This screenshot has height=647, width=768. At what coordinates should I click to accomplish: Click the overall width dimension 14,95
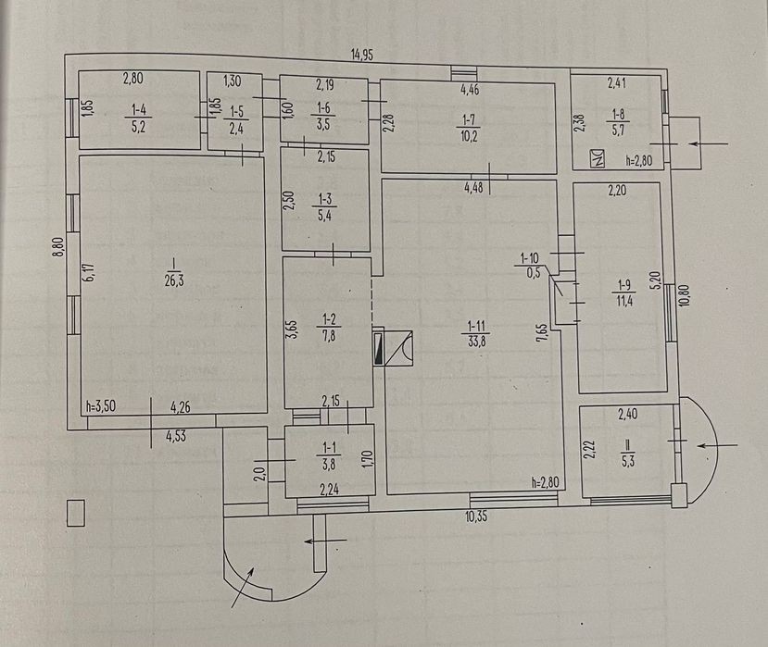coord(362,55)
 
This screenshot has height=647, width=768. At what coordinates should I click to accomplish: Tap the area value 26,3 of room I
coord(174,280)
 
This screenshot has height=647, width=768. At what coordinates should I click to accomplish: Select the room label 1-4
coord(139,110)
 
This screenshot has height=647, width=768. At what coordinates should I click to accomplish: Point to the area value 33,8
coord(476,342)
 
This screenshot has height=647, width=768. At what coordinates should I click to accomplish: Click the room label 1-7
coord(469,120)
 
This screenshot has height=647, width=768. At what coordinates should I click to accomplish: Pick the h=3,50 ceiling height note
coord(101,406)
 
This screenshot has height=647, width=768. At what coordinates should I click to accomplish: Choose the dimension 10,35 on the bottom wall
coord(476,516)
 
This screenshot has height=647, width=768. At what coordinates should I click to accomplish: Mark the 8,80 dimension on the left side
coord(59,246)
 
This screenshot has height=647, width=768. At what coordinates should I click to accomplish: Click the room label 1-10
coord(529,258)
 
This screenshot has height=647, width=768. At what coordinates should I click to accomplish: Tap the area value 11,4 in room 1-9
coord(624,301)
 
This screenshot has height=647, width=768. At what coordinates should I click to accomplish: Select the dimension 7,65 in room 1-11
coord(541,331)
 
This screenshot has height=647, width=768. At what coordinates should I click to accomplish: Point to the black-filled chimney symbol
coord(378,348)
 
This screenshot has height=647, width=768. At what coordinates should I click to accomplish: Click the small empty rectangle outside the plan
coord(75,513)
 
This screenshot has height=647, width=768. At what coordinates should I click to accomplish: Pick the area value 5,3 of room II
coord(628,461)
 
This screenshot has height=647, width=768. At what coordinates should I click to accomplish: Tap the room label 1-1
coord(329,447)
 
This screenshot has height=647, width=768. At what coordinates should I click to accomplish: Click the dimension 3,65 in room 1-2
coord(292,332)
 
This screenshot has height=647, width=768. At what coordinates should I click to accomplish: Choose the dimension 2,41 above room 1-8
coord(617,82)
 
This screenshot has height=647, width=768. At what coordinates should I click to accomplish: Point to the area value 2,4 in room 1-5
coord(236,129)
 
